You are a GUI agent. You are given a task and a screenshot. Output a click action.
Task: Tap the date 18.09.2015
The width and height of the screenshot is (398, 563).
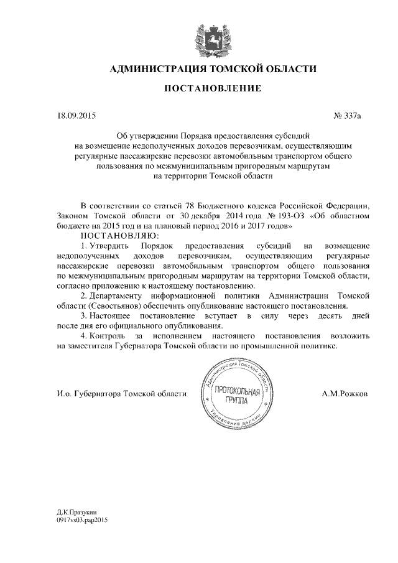pos(73,115)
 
